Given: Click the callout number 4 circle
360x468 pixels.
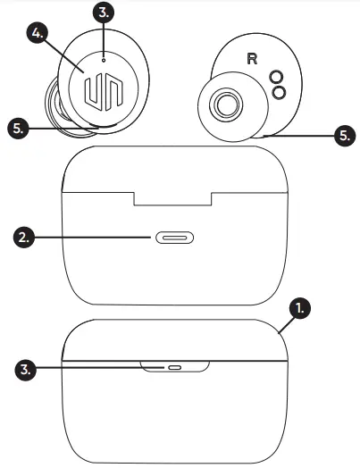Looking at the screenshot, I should pyautogui.click(x=37, y=32).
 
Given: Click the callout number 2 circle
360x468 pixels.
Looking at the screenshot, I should pyautogui.click(x=26, y=238).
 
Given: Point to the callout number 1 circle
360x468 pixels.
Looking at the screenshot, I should pyautogui.click(x=303, y=308).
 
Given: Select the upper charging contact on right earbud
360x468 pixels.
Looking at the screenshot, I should pyautogui.click(x=278, y=78).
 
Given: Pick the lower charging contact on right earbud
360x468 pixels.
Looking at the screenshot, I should pyautogui.click(x=278, y=93).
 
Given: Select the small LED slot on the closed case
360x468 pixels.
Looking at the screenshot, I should pyautogui.click(x=174, y=367).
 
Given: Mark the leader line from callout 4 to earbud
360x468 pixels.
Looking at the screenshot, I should pyautogui.click(x=61, y=52).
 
